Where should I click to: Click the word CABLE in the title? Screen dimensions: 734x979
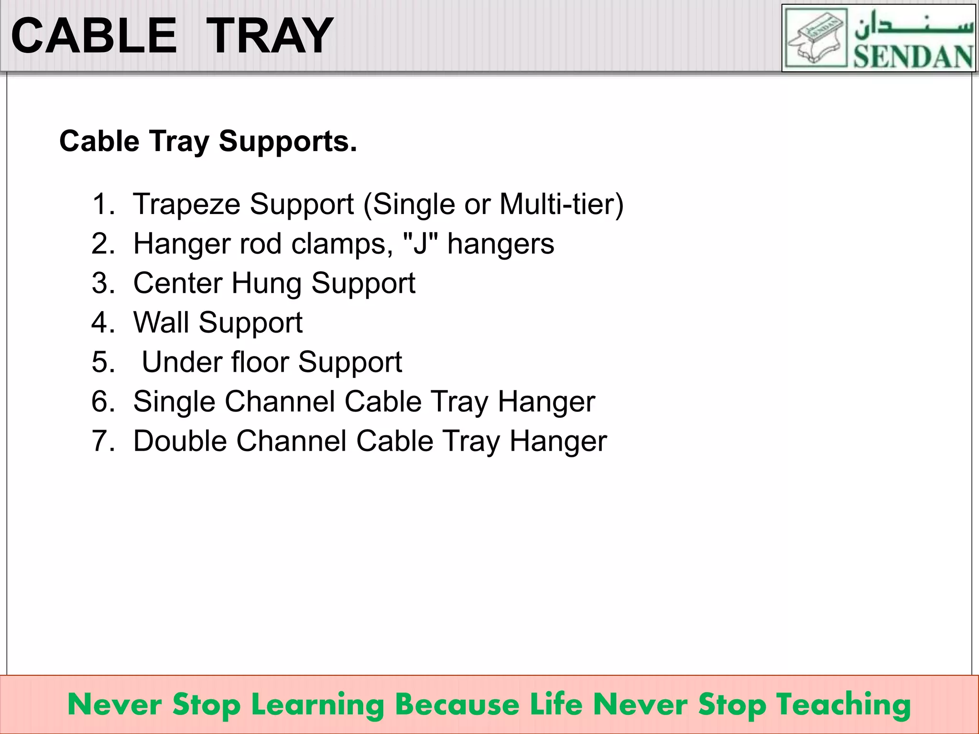pyautogui.click(x=94, y=36)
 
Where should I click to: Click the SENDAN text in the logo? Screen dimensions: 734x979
pyautogui.click(x=913, y=57)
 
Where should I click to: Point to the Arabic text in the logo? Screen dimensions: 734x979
pyautogui.click(x=913, y=25)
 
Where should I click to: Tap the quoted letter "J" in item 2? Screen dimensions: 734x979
pyautogui.click(x=420, y=244)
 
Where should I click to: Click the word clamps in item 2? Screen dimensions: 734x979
pyautogui.click(x=342, y=244)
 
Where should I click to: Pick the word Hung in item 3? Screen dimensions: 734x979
pyautogui.click(x=266, y=283)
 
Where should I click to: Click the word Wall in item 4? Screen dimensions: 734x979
pyautogui.click(x=161, y=323)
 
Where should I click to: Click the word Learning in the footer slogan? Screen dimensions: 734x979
pyautogui.click(x=318, y=705)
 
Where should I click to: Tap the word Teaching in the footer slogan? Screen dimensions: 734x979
pyautogui.click(x=843, y=705)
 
